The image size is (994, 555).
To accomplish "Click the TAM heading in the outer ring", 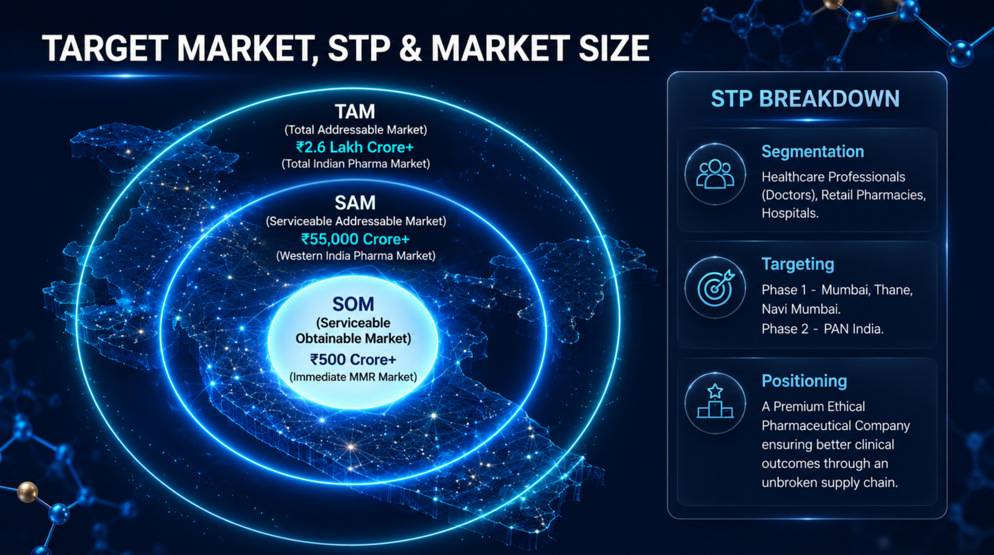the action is pyautogui.click(x=355, y=111).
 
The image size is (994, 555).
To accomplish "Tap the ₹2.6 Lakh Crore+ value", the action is pyautogui.click(x=355, y=147).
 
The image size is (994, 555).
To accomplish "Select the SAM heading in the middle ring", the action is pyautogui.click(x=355, y=203).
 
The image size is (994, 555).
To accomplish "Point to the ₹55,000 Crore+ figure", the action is pyautogui.click(x=355, y=239).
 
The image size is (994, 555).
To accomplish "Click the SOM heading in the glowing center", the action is pyautogui.click(x=353, y=304).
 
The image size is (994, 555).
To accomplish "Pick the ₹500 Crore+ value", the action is pyautogui.click(x=353, y=359).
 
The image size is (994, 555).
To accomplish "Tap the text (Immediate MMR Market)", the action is pyautogui.click(x=353, y=377).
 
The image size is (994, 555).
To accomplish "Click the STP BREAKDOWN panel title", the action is pyautogui.click(x=805, y=99).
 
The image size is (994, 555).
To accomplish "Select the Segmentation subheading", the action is pyautogui.click(x=813, y=152).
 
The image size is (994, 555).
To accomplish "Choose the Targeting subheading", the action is pyautogui.click(x=798, y=264).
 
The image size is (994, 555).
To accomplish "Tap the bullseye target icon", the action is pyautogui.click(x=716, y=287).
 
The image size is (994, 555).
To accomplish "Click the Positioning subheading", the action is pyautogui.click(x=804, y=381).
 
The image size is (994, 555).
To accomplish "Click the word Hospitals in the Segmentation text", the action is pyautogui.click(x=790, y=213).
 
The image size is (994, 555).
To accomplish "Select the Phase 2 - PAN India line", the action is pyautogui.click(x=823, y=329).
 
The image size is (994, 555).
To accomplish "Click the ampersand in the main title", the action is pyautogui.click(x=411, y=48).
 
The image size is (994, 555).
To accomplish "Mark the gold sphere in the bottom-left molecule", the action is pyautogui.click(x=27, y=492).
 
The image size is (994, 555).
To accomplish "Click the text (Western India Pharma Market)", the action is pyautogui.click(x=355, y=255).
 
